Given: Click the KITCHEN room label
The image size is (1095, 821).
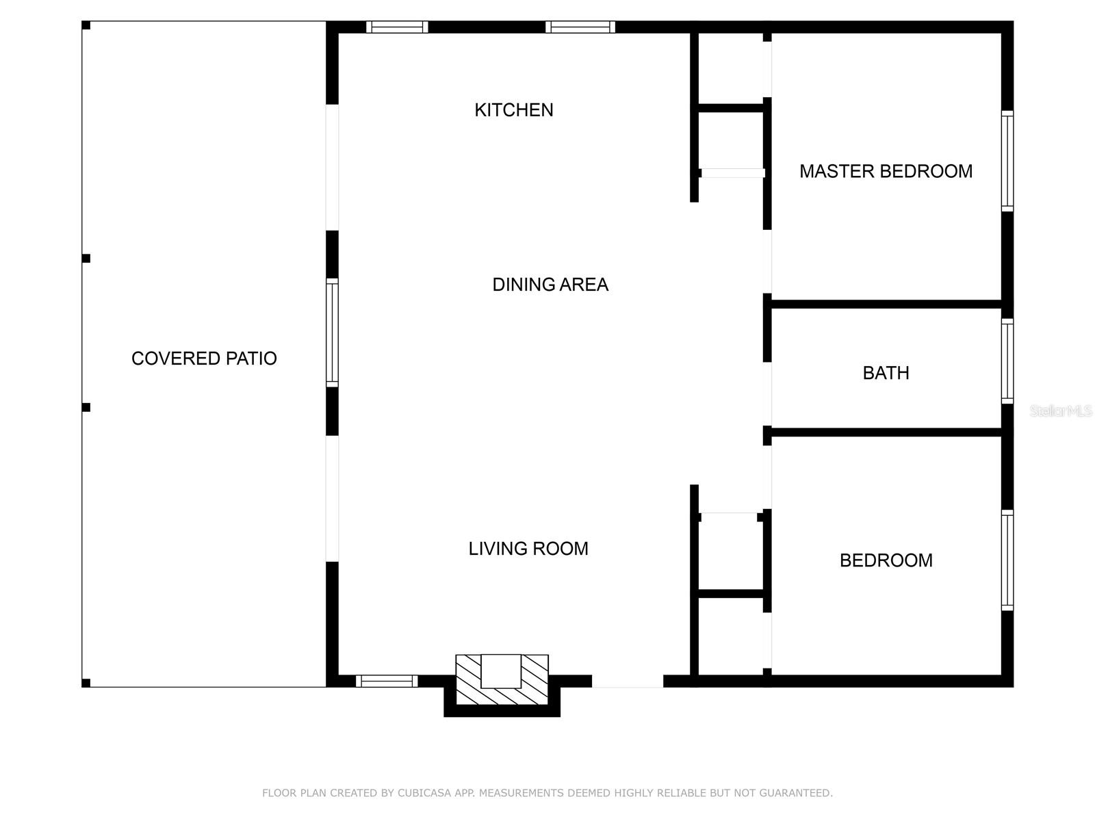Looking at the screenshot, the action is (x=513, y=110).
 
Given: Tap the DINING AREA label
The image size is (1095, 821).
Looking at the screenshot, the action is (x=550, y=285).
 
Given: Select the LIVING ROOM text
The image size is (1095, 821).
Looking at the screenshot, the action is (x=528, y=549).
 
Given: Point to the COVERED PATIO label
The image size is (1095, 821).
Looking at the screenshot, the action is (x=204, y=359).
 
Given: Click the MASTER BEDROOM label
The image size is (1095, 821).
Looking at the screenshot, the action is (x=886, y=172).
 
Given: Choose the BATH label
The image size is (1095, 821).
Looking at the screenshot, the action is (x=886, y=373).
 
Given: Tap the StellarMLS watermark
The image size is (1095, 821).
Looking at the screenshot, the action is (x=1061, y=410).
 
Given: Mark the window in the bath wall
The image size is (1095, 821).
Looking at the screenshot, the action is (x=1007, y=361).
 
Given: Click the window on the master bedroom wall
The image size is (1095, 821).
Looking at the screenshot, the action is (x=1007, y=161).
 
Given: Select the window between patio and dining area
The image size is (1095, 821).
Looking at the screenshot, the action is (x=332, y=333).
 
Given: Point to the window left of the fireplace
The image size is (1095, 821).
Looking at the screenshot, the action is (x=387, y=681).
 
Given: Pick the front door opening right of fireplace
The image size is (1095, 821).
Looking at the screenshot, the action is (x=628, y=681).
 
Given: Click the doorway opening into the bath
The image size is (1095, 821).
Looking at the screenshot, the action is (x=767, y=394).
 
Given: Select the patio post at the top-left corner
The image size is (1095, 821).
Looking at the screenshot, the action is (x=86, y=25).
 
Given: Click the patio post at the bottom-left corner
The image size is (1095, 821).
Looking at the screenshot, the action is (x=86, y=683).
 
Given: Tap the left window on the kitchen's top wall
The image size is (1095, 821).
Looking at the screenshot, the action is (x=397, y=27).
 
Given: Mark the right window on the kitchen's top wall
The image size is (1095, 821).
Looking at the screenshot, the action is (x=580, y=27).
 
